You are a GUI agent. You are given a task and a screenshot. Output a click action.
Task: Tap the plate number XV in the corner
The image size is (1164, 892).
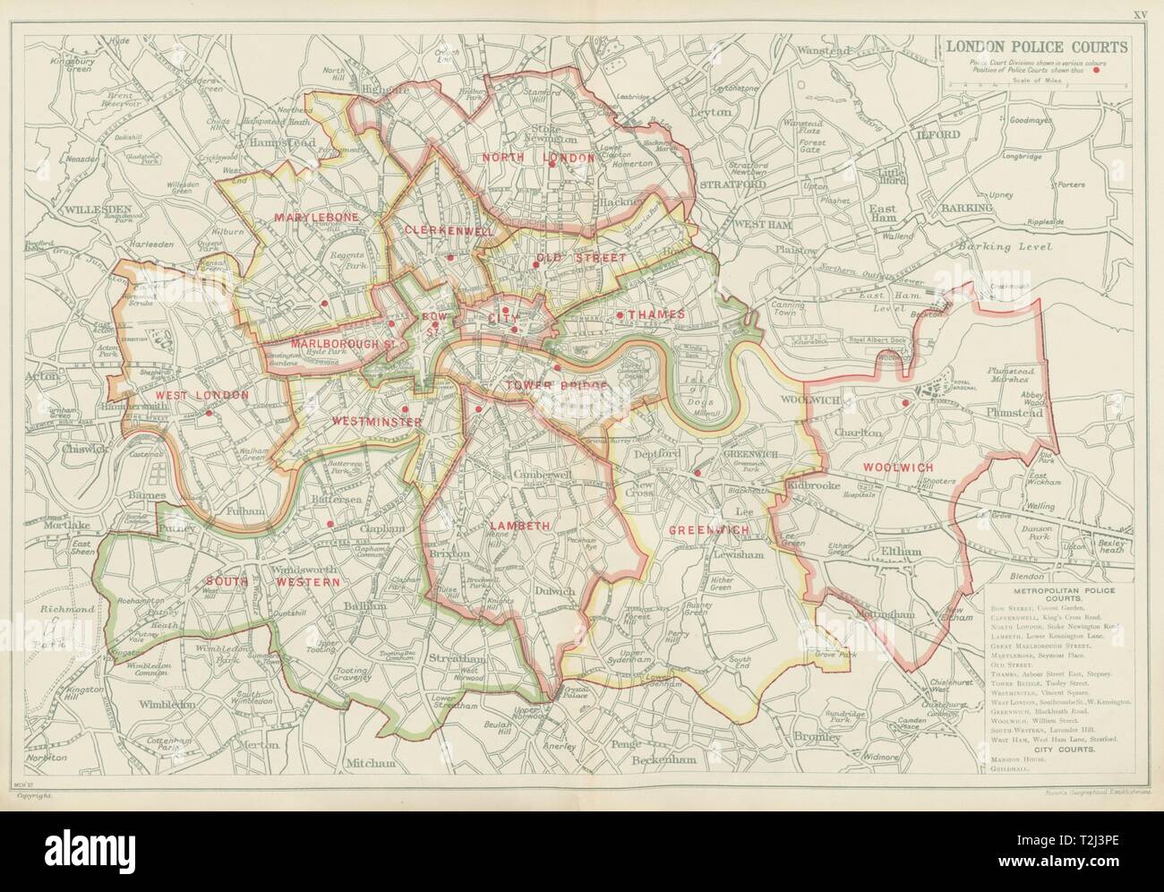(1138, 15)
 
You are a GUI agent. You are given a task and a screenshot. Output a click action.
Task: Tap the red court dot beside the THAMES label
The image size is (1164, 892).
(620, 314)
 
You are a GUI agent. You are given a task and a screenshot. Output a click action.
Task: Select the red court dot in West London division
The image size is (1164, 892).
(209, 414)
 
